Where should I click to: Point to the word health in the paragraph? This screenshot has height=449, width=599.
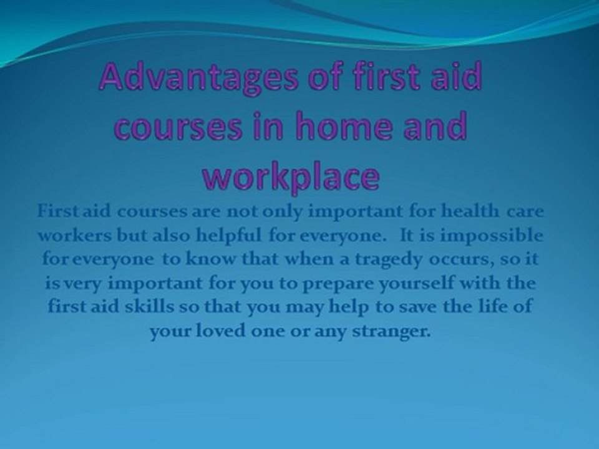[468, 212]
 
